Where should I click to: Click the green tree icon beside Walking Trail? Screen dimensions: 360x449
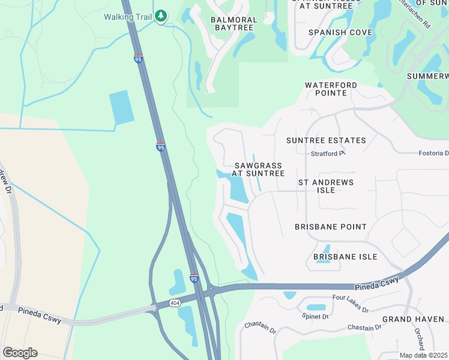point(160,16)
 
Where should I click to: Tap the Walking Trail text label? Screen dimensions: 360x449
point(128,16)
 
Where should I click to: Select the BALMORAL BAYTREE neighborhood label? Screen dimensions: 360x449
point(234,24)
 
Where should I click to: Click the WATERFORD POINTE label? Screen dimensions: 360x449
point(331,89)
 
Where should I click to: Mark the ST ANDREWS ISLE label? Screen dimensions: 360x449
point(326,186)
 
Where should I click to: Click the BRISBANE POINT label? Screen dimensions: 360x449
point(331,227)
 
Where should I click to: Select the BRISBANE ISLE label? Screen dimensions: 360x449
point(345,257)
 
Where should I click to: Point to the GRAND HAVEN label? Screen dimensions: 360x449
point(413,319)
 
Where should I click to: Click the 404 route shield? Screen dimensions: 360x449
point(175,302)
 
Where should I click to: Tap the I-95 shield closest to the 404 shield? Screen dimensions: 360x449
point(194,278)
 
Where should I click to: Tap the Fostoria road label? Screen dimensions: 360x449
point(433,153)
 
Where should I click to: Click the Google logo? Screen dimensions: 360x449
point(20,353)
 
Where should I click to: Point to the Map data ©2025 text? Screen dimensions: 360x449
point(424,355)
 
